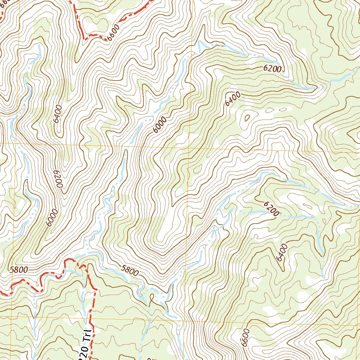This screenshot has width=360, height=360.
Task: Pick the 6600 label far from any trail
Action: click(245, 337)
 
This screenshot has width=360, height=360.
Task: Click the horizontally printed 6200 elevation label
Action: click(272, 69)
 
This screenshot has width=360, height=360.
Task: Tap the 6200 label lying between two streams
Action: click(271, 208)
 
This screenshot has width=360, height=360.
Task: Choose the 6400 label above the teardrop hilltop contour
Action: click(233, 99)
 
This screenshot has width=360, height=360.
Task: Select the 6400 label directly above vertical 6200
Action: click(57, 114)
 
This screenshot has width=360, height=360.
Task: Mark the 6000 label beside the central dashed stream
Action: click(160, 125)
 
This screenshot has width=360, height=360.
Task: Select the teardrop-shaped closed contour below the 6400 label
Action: click(246, 118)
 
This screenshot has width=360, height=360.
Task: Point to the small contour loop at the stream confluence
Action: click(152, 299)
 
